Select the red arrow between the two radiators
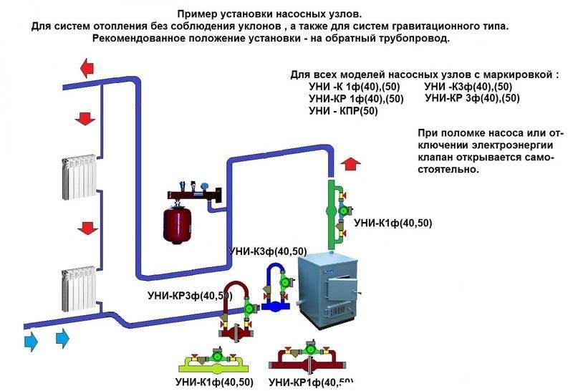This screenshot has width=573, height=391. pos(89,228)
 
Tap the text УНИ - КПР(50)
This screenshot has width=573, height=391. pos(343,111)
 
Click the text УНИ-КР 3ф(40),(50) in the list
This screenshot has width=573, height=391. pos(472,99)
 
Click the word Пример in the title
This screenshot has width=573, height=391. pos(203,14)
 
